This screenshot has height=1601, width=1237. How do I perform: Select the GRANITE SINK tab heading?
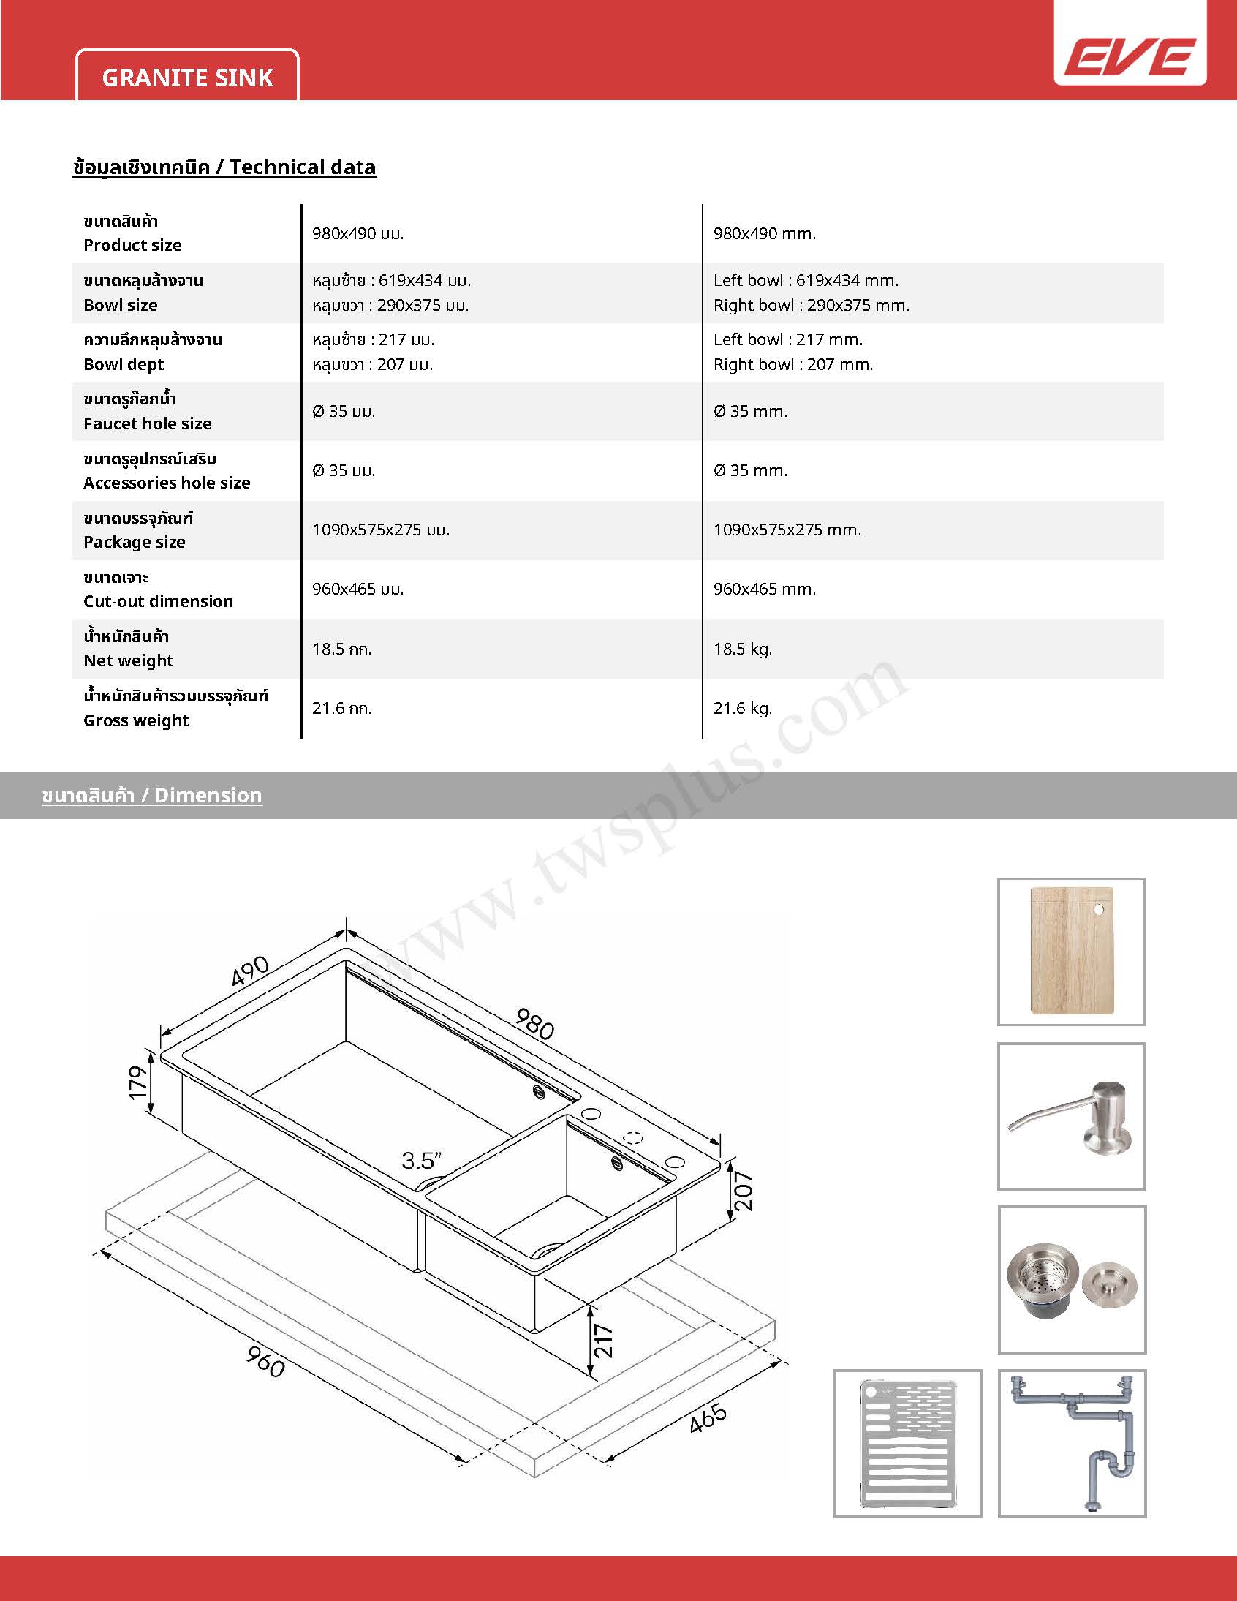[x=188, y=77]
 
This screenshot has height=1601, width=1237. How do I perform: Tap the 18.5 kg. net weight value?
[x=742, y=649]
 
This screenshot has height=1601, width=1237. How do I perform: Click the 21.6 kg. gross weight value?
[x=742, y=708]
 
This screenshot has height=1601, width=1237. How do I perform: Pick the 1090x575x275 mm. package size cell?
[x=787, y=530]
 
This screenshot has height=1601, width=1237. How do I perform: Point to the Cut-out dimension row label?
[x=159, y=601]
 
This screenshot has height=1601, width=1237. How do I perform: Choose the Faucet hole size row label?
[x=147, y=423]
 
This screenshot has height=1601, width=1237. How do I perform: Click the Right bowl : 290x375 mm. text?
[x=812, y=305]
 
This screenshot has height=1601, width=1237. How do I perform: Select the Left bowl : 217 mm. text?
[x=788, y=339]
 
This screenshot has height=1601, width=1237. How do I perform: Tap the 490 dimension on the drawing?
[x=251, y=972]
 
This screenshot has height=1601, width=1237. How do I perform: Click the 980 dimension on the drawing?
[x=535, y=1023]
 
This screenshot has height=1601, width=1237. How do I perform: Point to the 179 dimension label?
[x=137, y=1082]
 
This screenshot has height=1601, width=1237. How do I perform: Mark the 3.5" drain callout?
[x=421, y=1161]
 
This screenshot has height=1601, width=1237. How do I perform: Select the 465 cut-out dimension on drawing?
[x=708, y=1417]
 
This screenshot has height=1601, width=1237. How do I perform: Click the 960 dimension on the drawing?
[x=265, y=1361]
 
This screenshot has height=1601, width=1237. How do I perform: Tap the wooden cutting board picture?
[x=1071, y=952]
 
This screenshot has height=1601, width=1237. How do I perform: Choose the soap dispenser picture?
[x=1071, y=1116]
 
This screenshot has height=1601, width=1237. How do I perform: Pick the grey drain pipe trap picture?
[x=1072, y=1443]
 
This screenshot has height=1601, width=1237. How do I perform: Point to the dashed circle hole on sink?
[x=633, y=1138]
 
